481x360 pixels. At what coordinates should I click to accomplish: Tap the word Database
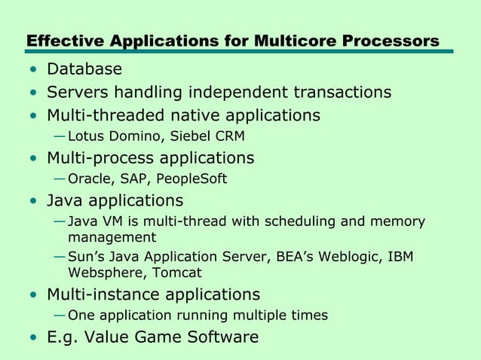(84, 70)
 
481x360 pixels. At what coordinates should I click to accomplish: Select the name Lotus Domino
(108, 136)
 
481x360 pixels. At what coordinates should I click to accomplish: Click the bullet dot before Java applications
(32, 202)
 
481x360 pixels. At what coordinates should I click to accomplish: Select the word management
(106, 238)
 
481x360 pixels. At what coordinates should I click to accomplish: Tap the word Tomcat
(178, 273)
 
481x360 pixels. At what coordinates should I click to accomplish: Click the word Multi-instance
(105, 294)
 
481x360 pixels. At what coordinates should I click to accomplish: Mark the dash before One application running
(60, 315)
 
